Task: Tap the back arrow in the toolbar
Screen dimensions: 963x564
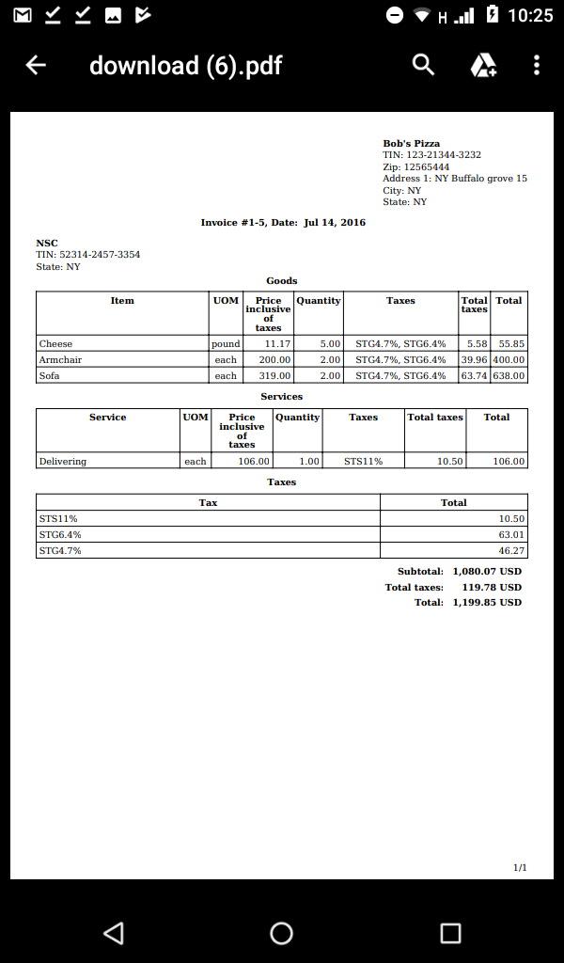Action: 36,65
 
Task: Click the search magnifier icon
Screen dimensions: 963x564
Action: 424,65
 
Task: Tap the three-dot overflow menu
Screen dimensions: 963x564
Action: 537,65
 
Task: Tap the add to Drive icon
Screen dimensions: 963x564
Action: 483,65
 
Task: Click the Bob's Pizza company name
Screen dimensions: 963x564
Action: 411,144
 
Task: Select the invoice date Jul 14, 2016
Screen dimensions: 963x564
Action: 335,223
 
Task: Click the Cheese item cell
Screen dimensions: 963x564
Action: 56,344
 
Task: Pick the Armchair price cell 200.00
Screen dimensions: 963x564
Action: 274,360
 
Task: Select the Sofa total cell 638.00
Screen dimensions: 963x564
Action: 509,376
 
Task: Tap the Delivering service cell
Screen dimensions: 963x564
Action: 63,462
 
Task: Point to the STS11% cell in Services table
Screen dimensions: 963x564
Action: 363,462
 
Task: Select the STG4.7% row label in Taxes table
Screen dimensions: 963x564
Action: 60,550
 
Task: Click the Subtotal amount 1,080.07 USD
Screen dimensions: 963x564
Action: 487,571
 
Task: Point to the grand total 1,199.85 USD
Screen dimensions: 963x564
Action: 487,602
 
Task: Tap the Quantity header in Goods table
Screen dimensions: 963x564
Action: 319,301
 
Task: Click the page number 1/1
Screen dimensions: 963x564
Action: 520,867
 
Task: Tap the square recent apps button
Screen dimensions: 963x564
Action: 450,933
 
